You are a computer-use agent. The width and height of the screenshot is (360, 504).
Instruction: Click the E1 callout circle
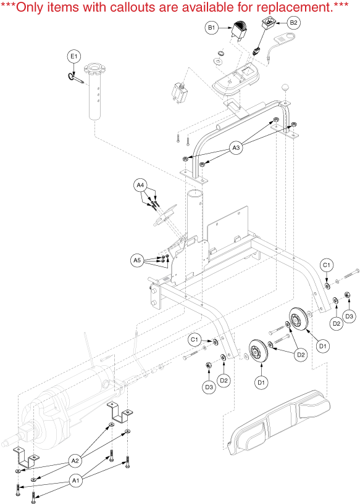click(74, 57)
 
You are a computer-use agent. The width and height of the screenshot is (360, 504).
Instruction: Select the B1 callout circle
click(211, 28)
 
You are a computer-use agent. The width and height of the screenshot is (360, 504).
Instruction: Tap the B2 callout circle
click(293, 22)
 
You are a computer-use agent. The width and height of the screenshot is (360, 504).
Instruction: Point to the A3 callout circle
click(236, 147)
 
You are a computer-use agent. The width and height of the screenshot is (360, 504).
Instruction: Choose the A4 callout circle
click(140, 185)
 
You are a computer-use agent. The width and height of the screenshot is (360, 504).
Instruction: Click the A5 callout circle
click(137, 260)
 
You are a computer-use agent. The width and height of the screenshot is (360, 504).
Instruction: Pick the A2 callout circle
click(75, 461)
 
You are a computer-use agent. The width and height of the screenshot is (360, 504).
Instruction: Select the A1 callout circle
click(75, 481)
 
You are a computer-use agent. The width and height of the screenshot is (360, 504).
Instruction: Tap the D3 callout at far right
click(349, 316)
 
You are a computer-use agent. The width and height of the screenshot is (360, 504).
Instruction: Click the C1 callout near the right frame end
click(326, 265)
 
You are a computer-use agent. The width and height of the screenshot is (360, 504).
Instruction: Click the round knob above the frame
click(285, 87)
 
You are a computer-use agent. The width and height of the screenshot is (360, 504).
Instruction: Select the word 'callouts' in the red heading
click(133, 7)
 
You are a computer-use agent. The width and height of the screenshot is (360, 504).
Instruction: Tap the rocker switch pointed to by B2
click(267, 23)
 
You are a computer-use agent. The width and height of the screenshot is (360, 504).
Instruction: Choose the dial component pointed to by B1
click(238, 30)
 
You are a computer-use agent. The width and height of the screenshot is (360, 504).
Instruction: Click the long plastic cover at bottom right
click(278, 423)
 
